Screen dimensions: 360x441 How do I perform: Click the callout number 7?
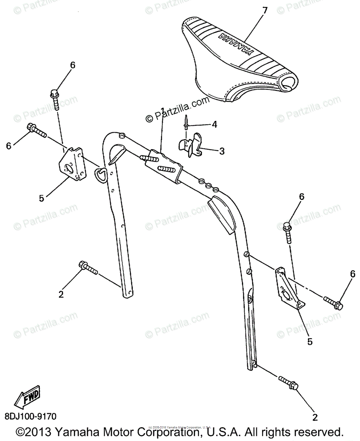point(264,11)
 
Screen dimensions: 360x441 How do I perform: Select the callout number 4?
point(214,125)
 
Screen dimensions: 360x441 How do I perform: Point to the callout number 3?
point(221,151)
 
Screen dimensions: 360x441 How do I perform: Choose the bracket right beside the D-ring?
point(73,164)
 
